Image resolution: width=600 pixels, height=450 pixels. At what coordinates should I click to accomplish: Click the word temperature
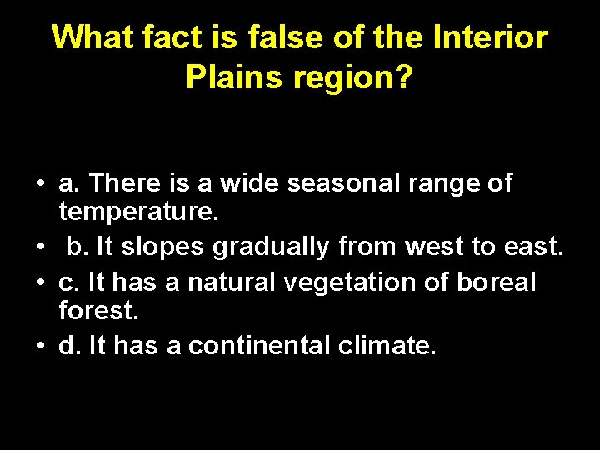click(138, 212)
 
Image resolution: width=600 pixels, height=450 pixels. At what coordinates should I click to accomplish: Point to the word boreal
click(497, 282)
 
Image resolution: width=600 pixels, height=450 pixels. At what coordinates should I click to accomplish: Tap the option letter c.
click(67, 282)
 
